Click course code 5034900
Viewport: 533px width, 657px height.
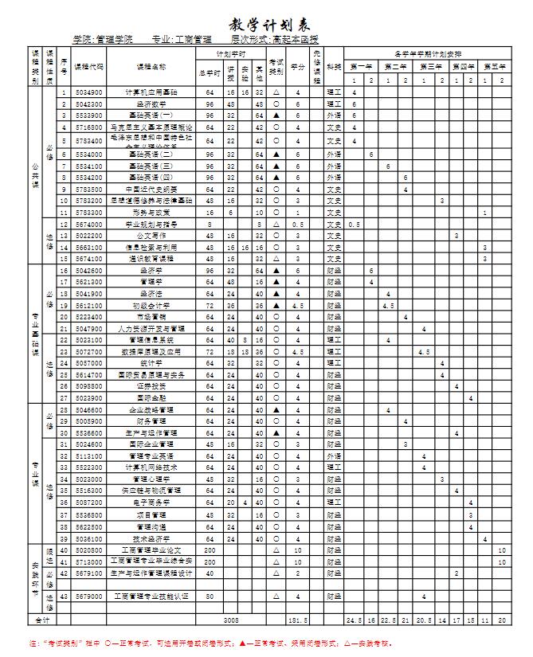pos(88,93)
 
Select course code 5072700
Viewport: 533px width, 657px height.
pos(88,351)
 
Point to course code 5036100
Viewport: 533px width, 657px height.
pos(88,539)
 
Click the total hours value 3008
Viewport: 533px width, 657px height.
pos(232,619)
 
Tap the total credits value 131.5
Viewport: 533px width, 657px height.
pos(298,619)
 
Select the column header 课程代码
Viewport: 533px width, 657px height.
pos(88,67)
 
